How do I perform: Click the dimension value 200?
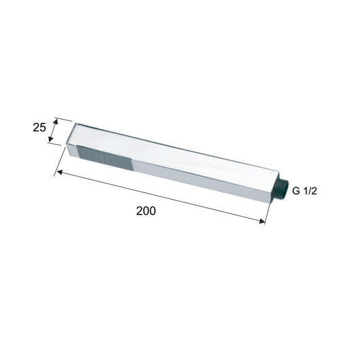tap(145, 211)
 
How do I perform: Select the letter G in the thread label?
tap(295, 192)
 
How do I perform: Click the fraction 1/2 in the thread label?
tap(310, 192)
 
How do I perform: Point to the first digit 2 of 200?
tap(139, 211)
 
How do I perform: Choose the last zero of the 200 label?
tap(152, 211)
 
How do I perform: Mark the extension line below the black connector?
tap(270, 211)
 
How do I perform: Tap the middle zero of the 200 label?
tap(145, 211)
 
